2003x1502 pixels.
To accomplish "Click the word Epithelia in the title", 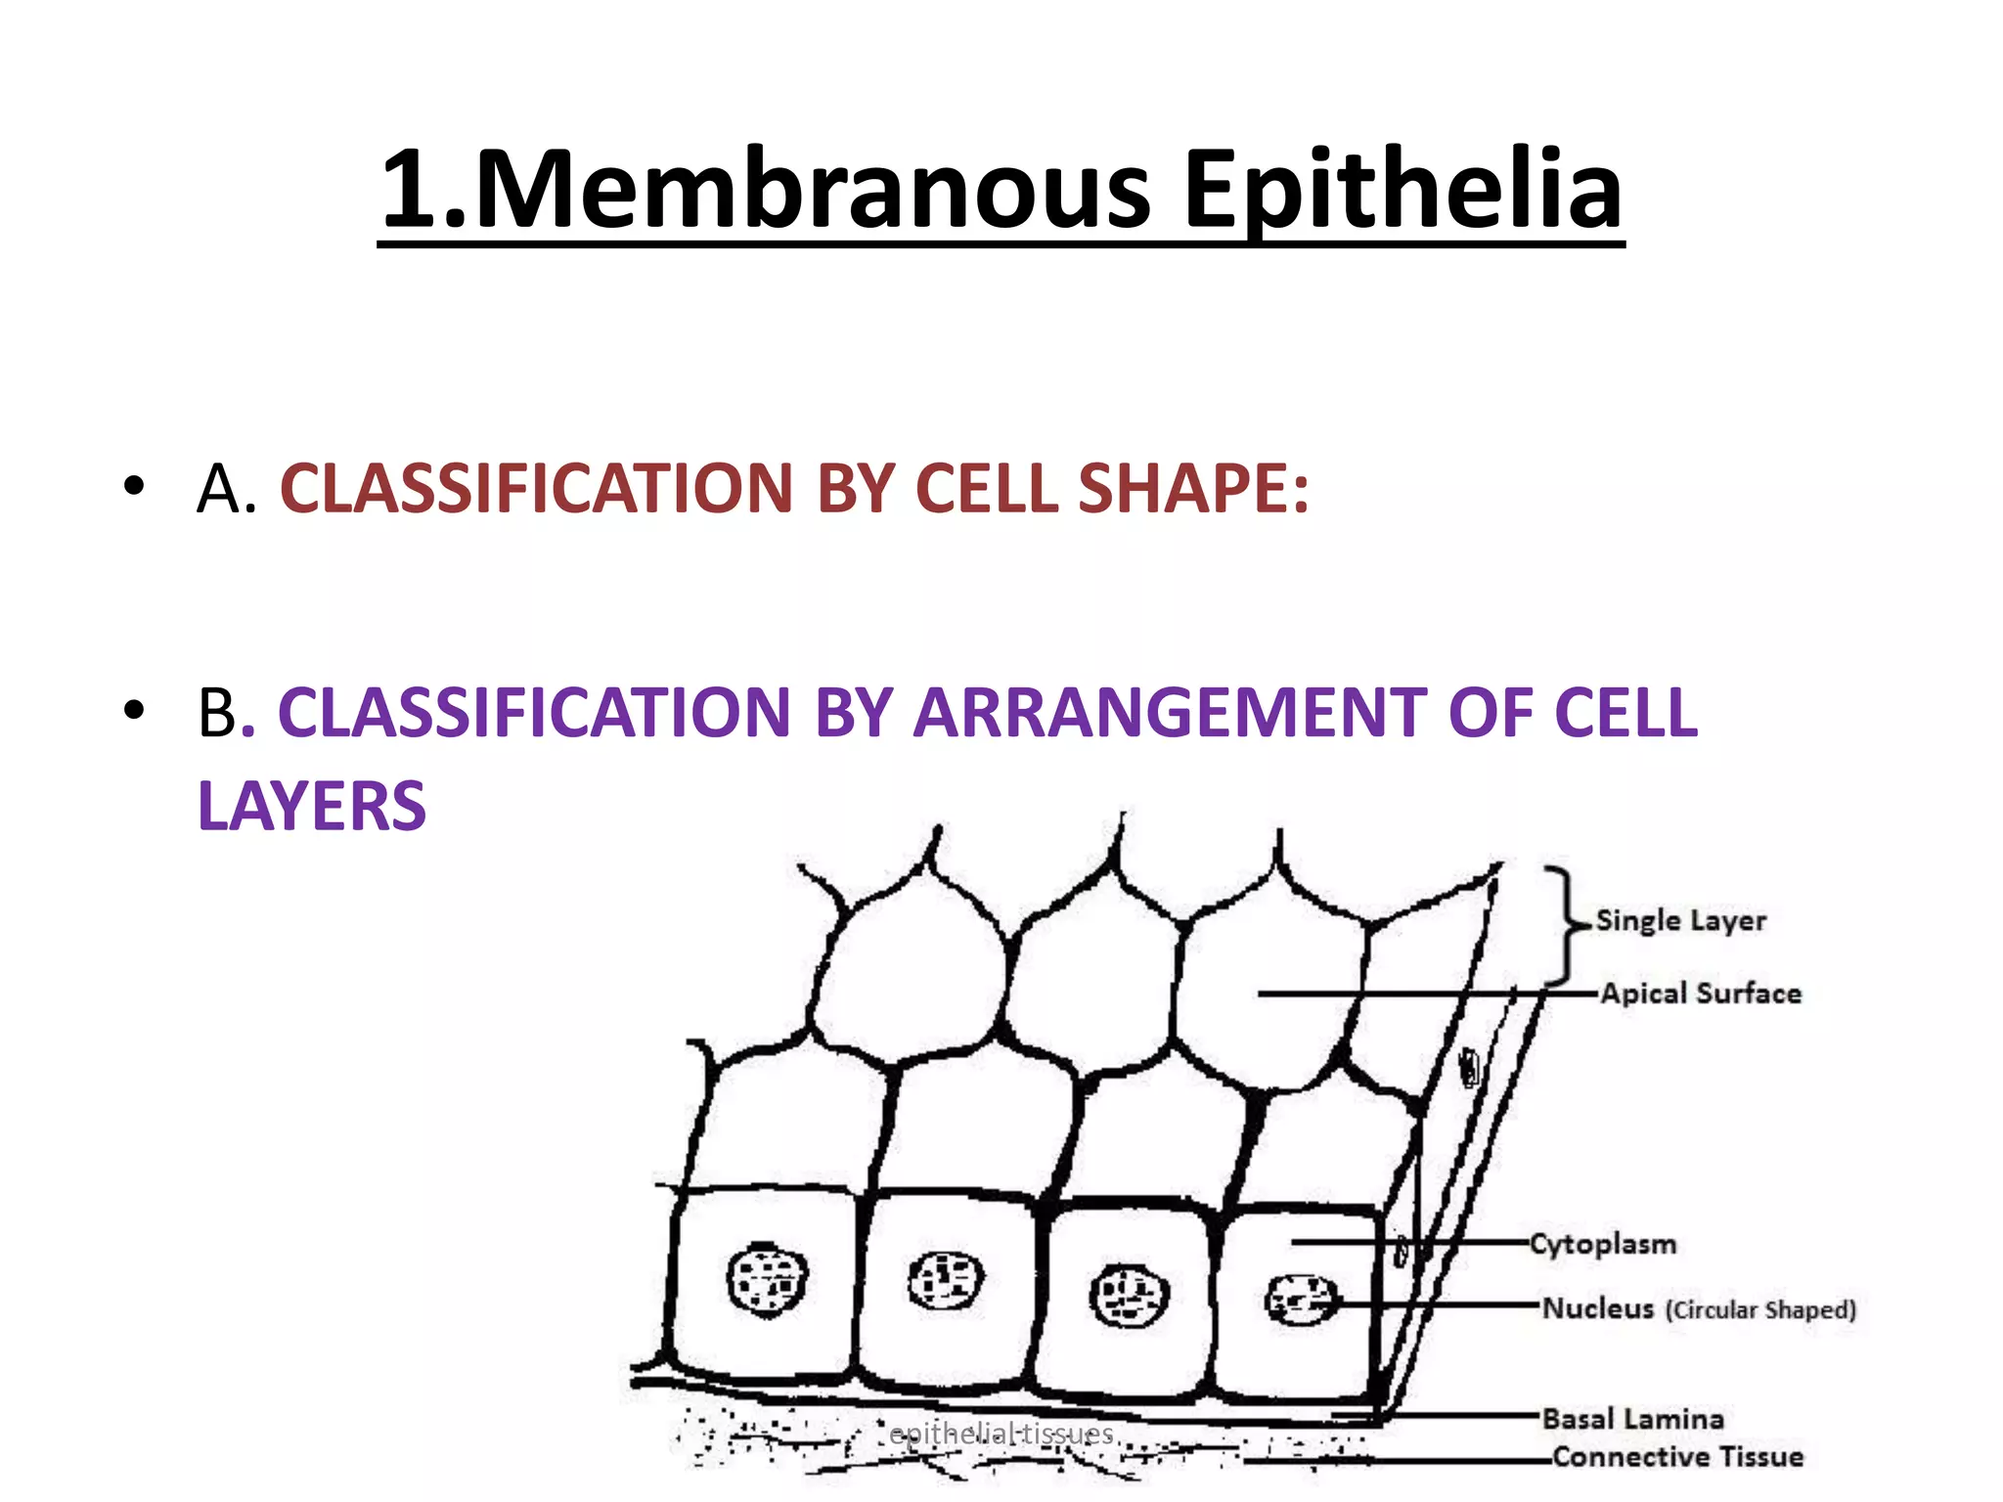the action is (1403, 190).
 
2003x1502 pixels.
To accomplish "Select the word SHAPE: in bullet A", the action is (1193, 488).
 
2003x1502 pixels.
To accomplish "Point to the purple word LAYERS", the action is (312, 807).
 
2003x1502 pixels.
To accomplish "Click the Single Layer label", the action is (1681, 920).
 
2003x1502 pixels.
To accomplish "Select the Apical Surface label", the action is (1701, 994).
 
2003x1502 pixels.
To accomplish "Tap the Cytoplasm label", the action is (1603, 1244).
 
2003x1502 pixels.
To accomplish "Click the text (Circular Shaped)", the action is (1760, 1309).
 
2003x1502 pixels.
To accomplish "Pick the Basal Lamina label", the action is (1633, 1419).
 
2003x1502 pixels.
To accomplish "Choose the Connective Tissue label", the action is (1678, 1457).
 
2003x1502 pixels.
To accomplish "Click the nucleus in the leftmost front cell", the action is (768, 1279).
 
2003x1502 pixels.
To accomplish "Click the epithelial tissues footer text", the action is (1001, 1434).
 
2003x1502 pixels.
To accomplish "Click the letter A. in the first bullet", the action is (226, 488).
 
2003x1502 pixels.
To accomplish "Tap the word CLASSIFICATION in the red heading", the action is (536, 488).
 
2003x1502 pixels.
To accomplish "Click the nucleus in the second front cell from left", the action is (946, 1281).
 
